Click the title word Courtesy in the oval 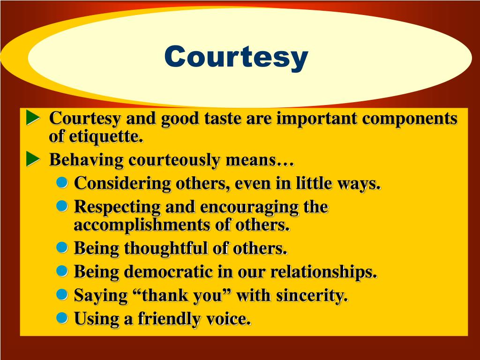236,57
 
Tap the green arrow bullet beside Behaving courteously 33,159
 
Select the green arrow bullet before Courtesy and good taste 33,118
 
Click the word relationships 324,272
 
